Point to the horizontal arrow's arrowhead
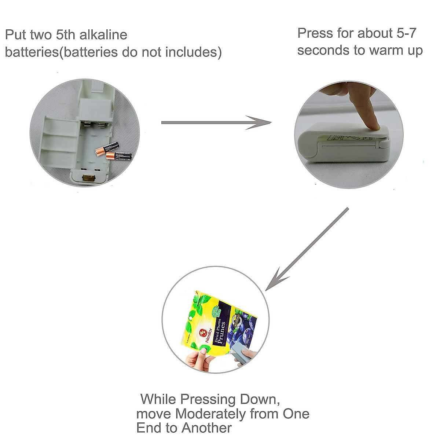coord(261,122)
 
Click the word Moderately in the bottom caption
coord(211,414)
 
